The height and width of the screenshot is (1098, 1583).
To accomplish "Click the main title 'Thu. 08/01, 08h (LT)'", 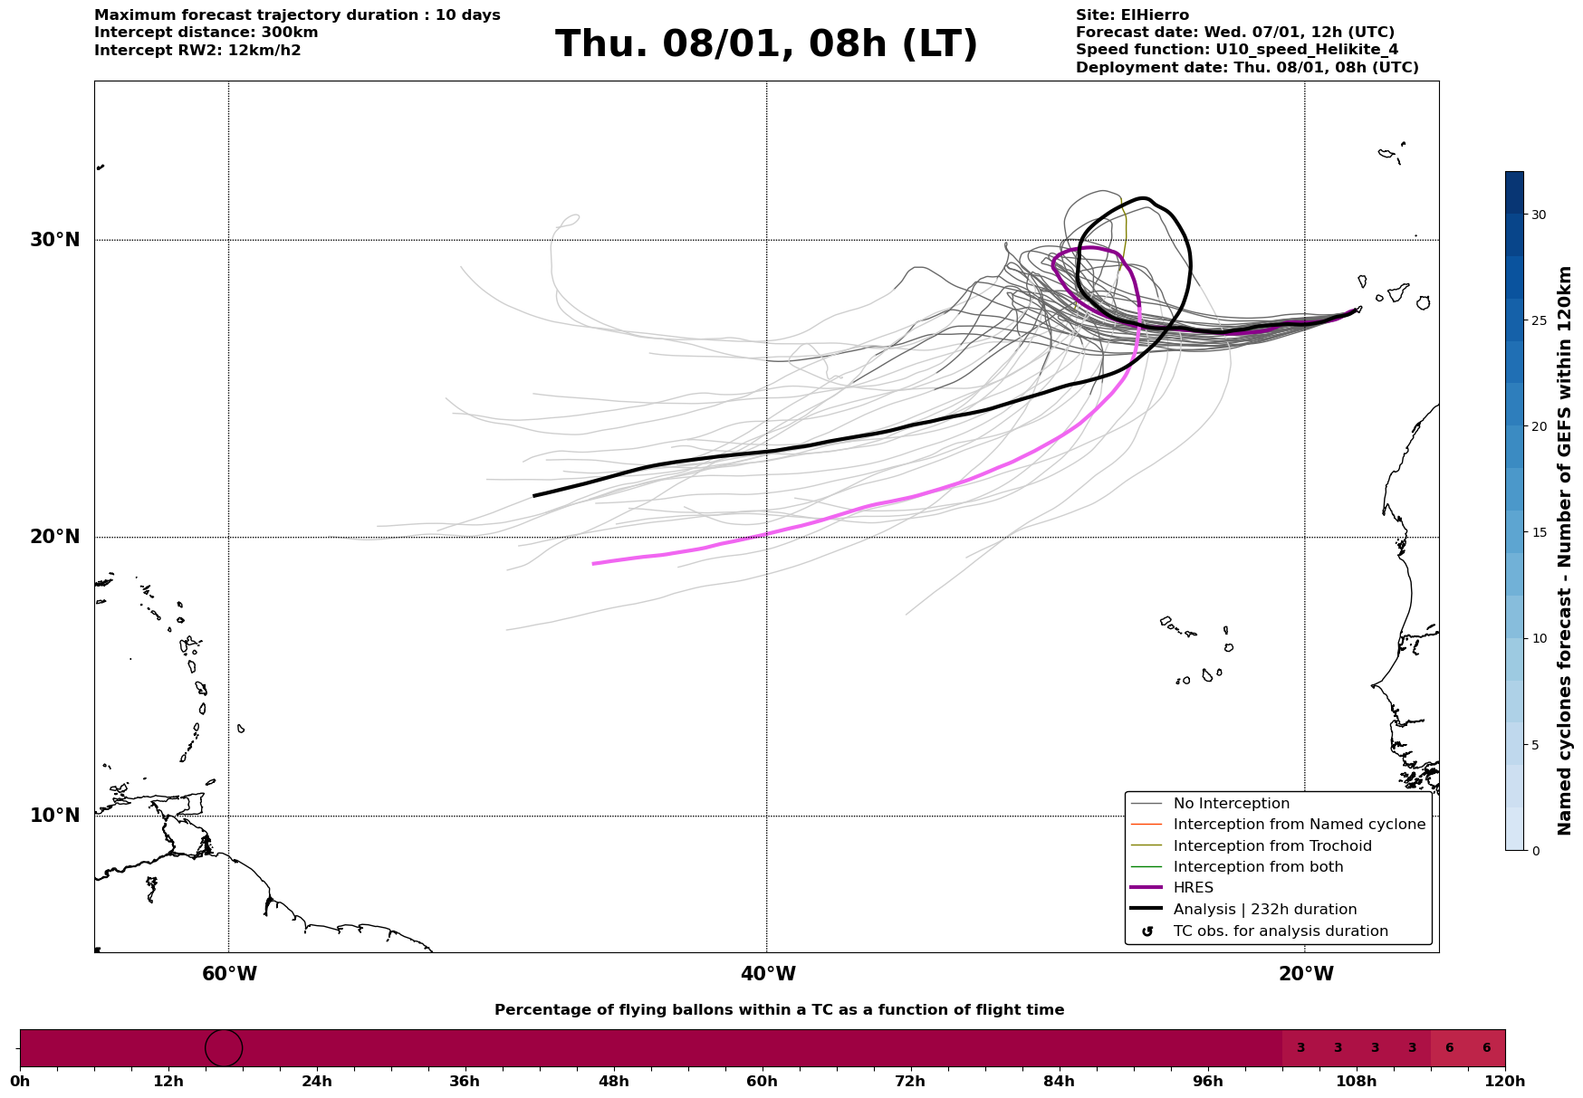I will coord(766,44).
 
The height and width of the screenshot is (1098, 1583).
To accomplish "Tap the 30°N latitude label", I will coord(55,240).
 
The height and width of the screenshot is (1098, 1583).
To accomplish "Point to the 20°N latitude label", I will coord(55,537).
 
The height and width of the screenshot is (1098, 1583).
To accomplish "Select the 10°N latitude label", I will coord(55,816).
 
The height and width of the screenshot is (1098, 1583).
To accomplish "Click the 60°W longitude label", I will coord(229,974).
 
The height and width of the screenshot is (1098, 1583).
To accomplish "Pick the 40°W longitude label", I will coord(768,974).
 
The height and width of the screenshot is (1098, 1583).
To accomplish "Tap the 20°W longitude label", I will coord(1306,974).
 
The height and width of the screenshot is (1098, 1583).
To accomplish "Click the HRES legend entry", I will coord(1193,888).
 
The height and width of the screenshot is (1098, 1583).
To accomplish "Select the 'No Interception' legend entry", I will coord(1231,804).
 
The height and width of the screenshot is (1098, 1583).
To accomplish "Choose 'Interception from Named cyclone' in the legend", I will coord(1299,825).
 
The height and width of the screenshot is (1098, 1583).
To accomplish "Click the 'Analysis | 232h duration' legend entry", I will coord(1264,910).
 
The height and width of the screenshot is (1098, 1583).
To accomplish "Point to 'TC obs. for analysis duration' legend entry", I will coord(1280,931).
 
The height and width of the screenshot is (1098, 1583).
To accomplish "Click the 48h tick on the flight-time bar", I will coord(613,1081).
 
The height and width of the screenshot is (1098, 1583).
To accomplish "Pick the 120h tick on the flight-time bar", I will coord(1505,1081).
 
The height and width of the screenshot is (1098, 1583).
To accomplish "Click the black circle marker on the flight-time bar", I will coord(224,1048).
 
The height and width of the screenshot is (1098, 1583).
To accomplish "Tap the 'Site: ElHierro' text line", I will coord(1132,15).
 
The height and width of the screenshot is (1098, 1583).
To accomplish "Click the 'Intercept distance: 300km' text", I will coord(206,33).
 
